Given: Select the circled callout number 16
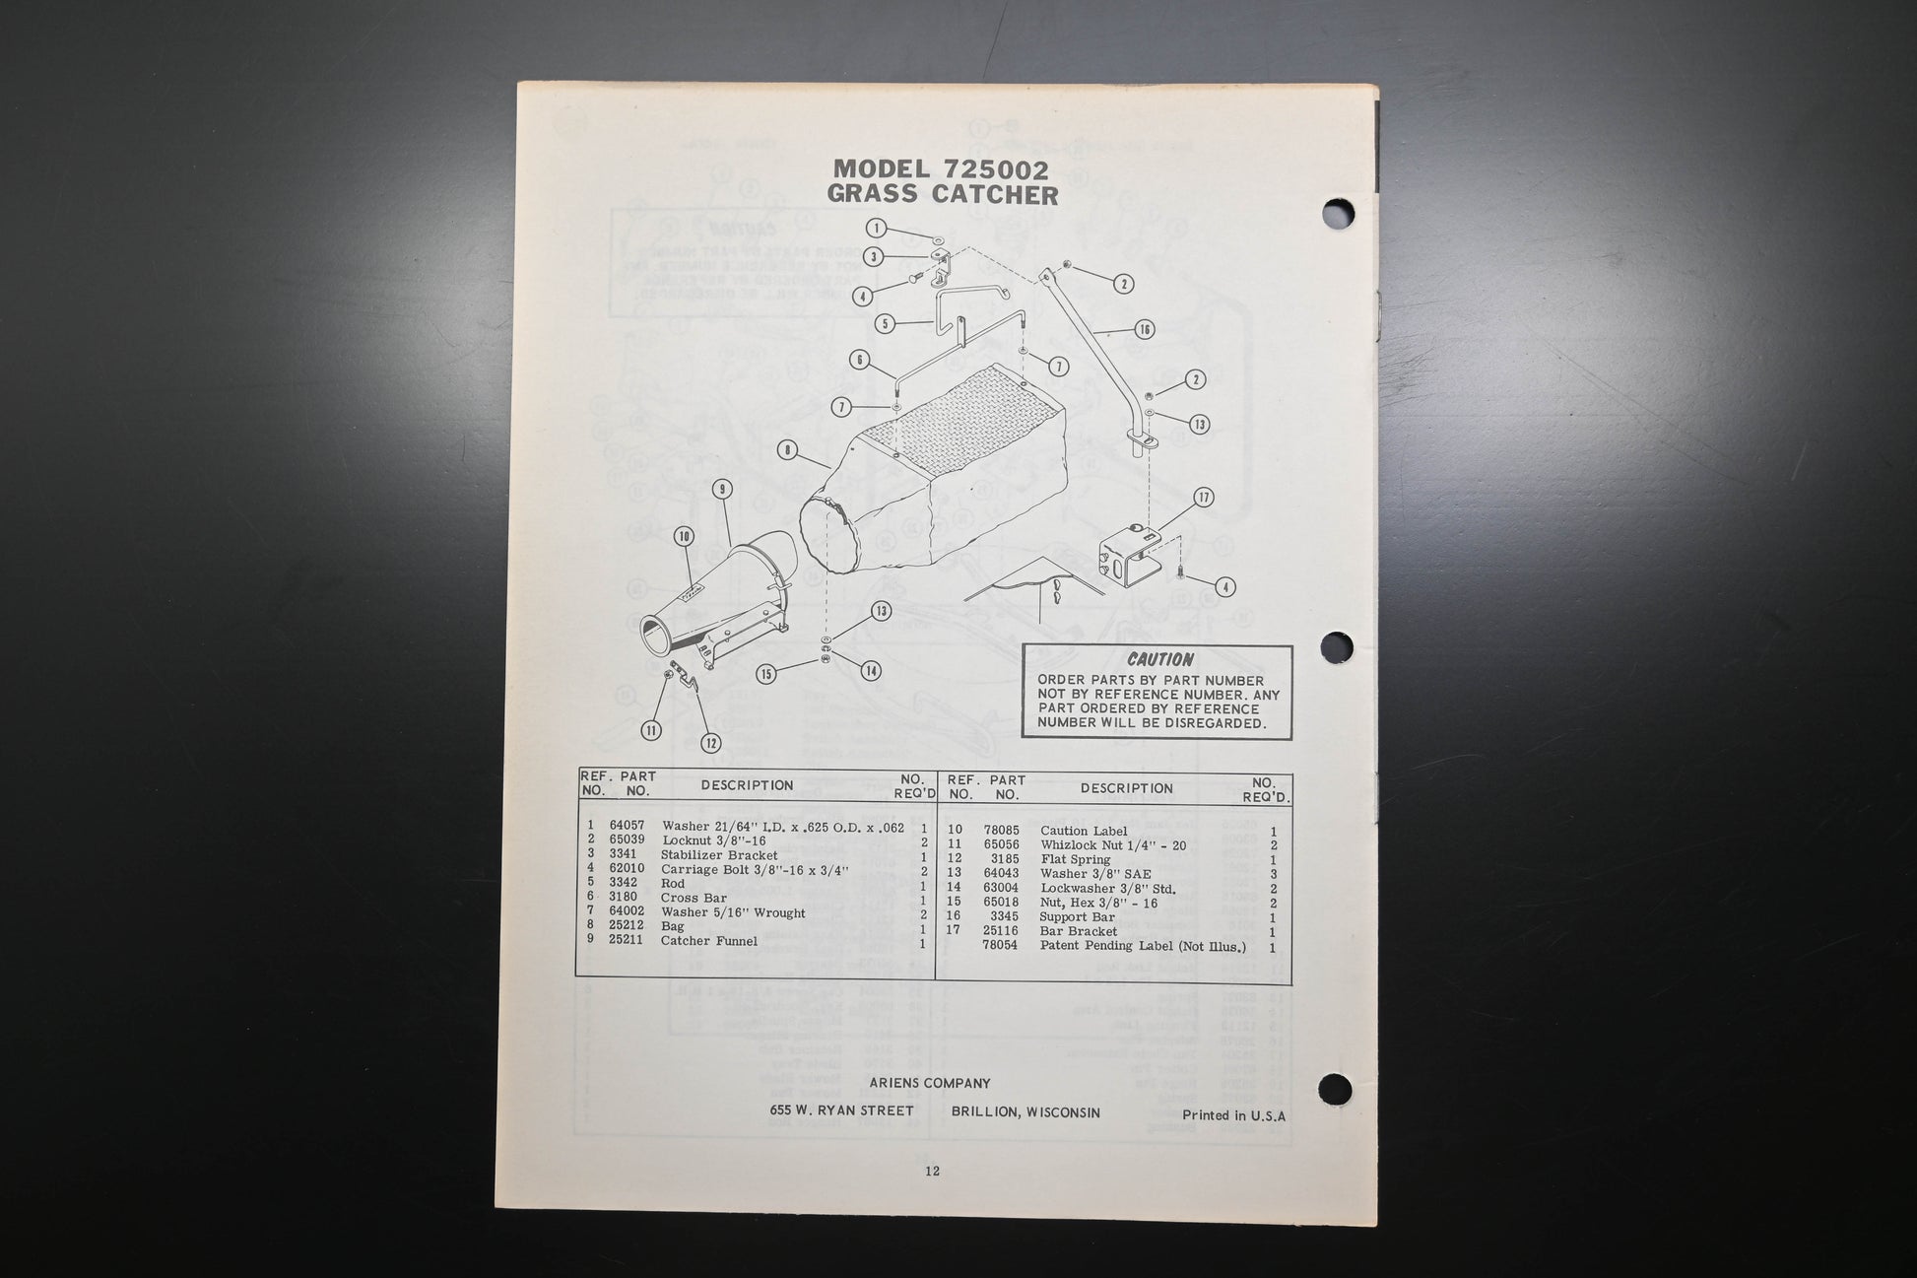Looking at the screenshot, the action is click(x=1144, y=329).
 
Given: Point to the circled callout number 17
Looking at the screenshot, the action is click(x=1203, y=498).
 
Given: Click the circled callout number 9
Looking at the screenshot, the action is click(x=723, y=488).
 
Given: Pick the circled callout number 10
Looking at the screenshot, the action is click(x=684, y=536).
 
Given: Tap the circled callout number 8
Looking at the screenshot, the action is click(x=787, y=450).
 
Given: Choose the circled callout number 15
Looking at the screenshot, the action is click(x=766, y=674).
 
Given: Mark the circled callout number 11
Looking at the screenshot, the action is click(x=651, y=730).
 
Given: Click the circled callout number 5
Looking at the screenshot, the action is click(x=885, y=323).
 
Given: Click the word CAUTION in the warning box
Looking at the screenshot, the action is click(x=1159, y=659).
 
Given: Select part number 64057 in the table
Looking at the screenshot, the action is click(x=627, y=826).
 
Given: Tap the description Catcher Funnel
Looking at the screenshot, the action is click(x=709, y=941).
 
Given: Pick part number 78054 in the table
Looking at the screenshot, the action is click(x=1001, y=946).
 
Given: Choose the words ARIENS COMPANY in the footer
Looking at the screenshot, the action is click(x=930, y=1083).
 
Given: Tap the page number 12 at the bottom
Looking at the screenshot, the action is click(x=932, y=1172).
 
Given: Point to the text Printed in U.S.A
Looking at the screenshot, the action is click(x=1234, y=1116).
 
